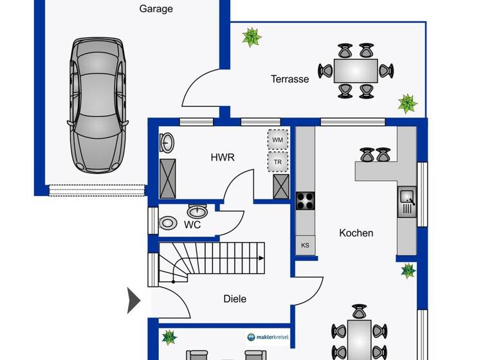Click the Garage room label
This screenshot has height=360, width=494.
pos(156,9)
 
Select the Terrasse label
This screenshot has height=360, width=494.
pos(289,79)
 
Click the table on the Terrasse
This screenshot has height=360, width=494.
pos(356,69)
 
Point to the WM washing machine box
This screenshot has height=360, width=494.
pos(277,139)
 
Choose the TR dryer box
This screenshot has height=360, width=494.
pos(277,162)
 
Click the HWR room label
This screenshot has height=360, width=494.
pos(223,157)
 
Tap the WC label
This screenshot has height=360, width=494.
pos(192,225)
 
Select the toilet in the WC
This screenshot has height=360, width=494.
pos(168,223)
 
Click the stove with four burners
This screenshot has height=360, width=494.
pos(305,201)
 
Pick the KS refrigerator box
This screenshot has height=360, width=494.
pos(305,245)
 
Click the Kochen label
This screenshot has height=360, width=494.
pos(356,233)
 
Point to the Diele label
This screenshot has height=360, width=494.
pos(235,298)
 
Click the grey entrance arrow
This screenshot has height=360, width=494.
pos(133,300)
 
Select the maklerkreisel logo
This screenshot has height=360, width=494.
pos(268,337)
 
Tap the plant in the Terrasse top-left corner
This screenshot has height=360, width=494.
pos(251,37)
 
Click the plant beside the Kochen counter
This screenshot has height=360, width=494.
pos(407,270)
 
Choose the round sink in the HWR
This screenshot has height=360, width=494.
pos(166,141)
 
